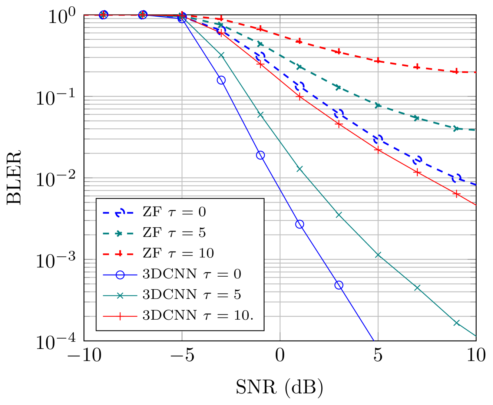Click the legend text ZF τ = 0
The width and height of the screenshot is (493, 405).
pyautogui.click(x=174, y=212)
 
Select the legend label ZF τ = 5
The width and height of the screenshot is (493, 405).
pyautogui.click(x=174, y=233)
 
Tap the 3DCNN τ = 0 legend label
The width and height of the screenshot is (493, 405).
pyautogui.click(x=192, y=274)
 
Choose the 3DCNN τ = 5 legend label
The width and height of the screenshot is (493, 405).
pyautogui.click(x=192, y=294)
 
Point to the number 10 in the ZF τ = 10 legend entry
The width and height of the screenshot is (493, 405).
pyautogui.click(x=206, y=253)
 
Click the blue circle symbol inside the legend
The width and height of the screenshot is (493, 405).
pyautogui.click(x=120, y=275)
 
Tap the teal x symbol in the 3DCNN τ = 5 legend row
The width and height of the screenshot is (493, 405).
pyautogui.click(x=120, y=296)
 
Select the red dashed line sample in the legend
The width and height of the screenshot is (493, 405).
pyautogui.click(x=118, y=254)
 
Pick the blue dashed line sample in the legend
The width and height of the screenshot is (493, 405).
pyautogui.click(x=118, y=213)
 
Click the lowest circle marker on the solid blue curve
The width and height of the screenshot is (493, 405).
pyautogui.click(x=338, y=285)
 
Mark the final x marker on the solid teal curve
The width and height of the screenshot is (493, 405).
pyautogui.click(x=456, y=323)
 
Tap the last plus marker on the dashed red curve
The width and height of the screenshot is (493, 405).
pyautogui.click(x=456, y=71)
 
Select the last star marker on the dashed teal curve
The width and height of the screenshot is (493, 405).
pyautogui.click(x=456, y=128)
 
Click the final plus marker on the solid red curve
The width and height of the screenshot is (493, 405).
pyautogui.click(x=456, y=194)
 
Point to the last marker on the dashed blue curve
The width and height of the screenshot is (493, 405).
pyautogui.click(x=456, y=178)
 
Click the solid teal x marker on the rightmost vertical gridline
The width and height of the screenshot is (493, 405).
pyautogui.click(x=378, y=255)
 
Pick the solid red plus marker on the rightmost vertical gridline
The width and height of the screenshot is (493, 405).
pyautogui.click(x=378, y=150)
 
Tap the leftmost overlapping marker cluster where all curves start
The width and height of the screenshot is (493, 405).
pyautogui.click(x=103, y=15)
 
